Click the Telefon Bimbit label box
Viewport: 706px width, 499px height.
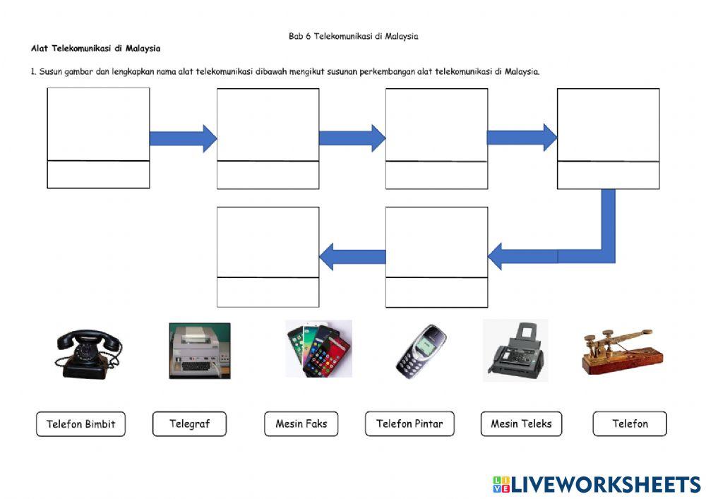(80, 424)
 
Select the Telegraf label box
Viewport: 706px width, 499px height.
(189, 424)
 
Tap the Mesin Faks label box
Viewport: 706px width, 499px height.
(301, 424)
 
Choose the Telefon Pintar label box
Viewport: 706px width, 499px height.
(409, 424)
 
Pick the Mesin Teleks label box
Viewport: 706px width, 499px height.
(521, 424)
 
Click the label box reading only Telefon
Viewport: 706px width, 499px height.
(629, 424)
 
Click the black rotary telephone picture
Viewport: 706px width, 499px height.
(87, 353)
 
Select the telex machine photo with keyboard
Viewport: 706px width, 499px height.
(199, 351)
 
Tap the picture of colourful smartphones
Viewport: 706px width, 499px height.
(318, 349)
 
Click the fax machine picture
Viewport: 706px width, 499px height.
(515, 351)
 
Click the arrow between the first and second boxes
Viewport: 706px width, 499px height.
(183, 138)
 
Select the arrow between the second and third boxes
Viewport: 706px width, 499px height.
(352, 138)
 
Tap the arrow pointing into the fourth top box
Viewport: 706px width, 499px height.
(522, 137)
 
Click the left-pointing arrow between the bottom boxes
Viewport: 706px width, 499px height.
(352, 256)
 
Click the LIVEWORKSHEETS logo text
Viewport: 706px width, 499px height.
(604, 484)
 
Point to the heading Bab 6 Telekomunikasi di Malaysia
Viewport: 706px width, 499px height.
(353, 36)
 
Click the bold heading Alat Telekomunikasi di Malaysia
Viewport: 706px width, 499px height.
(95, 49)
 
